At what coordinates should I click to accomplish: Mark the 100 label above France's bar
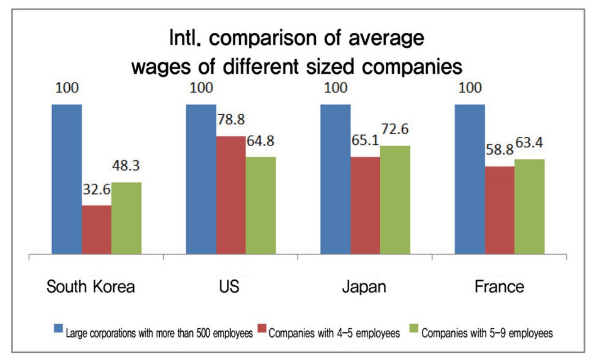pyautogui.click(x=470, y=87)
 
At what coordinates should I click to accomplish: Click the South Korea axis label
pyautogui.click(x=91, y=287)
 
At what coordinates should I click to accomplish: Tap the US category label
pyautogui.click(x=230, y=287)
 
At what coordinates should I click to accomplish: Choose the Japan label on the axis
pyautogui.click(x=364, y=287)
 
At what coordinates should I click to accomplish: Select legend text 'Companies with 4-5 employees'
pyautogui.click(x=334, y=333)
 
